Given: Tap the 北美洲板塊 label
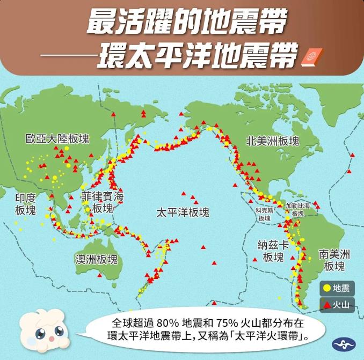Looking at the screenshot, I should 272,141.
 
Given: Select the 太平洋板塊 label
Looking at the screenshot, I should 183,212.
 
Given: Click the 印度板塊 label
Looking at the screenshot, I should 25,204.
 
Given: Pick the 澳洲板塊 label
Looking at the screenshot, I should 96,260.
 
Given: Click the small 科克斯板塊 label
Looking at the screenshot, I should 264,215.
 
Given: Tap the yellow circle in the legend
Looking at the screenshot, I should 326,289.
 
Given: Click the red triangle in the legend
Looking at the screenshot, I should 326,305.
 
